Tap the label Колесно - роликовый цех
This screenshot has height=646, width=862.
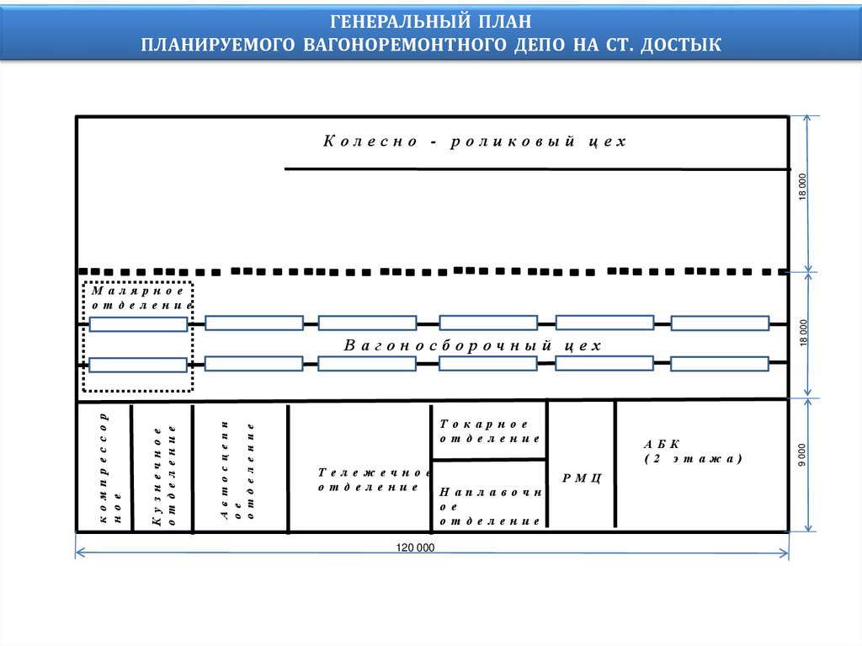(x=475, y=141)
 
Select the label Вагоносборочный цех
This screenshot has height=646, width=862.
(x=473, y=346)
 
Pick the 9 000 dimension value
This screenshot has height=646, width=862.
(x=802, y=455)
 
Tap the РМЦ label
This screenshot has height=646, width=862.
(x=583, y=478)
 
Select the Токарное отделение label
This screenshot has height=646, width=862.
(x=489, y=431)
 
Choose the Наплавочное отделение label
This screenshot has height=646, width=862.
(x=489, y=506)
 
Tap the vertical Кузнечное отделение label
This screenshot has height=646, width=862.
(x=163, y=476)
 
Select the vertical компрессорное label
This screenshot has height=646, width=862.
(x=110, y=468)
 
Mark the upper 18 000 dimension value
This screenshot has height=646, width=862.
(x=802, y=186)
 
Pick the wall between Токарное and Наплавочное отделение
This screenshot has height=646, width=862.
(x=489, y=460)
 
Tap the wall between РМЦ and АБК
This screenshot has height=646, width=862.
(x=616, y=464)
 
